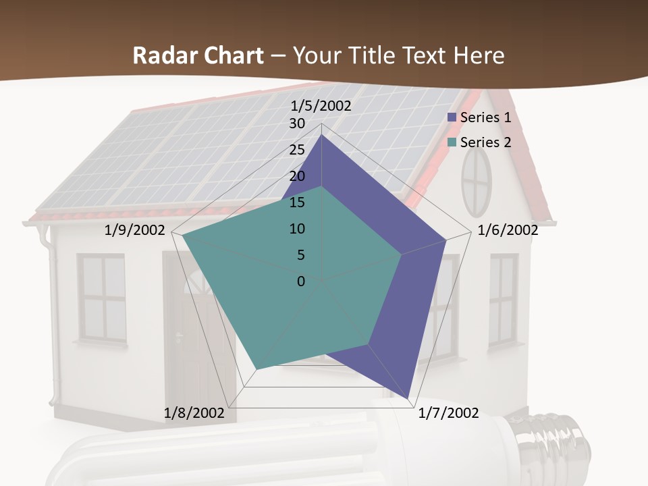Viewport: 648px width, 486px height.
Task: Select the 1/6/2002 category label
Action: [x=508, y=230]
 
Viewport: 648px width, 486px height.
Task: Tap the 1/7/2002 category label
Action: [x=448, y=412]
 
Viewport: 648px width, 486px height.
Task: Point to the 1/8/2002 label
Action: [x=194, y=412]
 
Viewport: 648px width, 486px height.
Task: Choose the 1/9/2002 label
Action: [x=135, y=230]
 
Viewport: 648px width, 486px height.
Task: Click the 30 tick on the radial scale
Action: [x=297, y=124]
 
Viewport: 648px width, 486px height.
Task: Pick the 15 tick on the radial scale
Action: [x=297, y=202]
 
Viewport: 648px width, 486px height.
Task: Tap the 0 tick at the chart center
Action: [x=301, y=281]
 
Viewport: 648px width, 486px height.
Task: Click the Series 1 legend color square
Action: [x=452, y=117]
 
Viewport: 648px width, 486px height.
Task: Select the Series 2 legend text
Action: [x=485, y=142]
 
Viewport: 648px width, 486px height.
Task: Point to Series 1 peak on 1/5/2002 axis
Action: [x=321, y=134]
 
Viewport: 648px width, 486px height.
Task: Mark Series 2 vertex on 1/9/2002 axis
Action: [x=182, y=236]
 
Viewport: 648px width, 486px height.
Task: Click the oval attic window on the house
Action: [x=477, y=180]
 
